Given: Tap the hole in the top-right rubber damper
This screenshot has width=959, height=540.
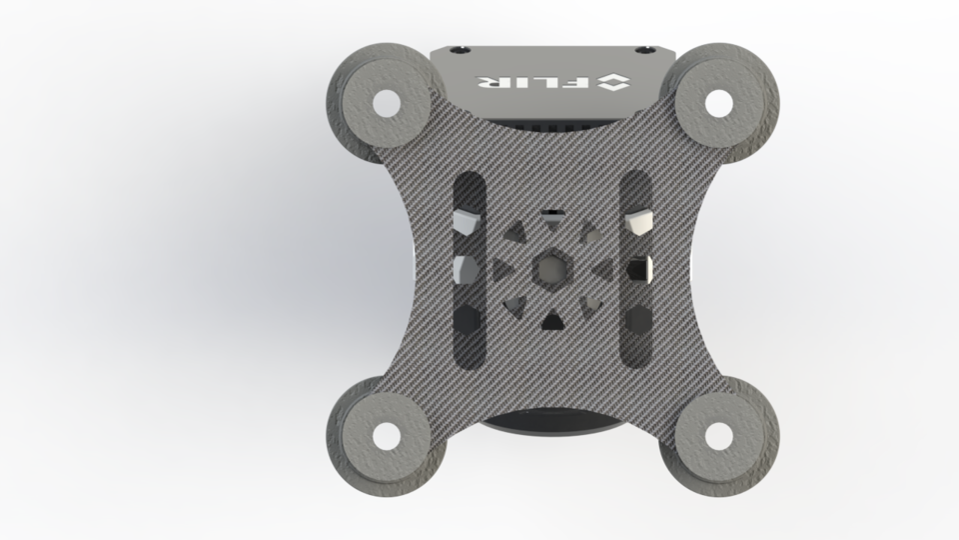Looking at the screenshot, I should [x=718, y=102].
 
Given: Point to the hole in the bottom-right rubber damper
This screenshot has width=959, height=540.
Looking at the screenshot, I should [x=718, y=435].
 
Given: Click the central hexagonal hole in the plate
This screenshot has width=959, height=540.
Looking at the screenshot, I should [x=550, y=268].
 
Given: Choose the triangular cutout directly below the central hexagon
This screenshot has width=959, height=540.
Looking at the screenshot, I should [x=550, y=321].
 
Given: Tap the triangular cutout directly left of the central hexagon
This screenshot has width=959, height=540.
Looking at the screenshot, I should [x=500, y=268].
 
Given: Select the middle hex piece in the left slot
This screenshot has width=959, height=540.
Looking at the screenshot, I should [x=466, y=269].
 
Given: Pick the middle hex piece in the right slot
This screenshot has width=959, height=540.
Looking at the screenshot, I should [x=637, y=269].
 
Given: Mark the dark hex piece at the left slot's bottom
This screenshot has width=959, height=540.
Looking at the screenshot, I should [x=466, y=319].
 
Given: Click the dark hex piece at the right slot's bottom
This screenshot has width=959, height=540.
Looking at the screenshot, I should [x=637, y=319].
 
